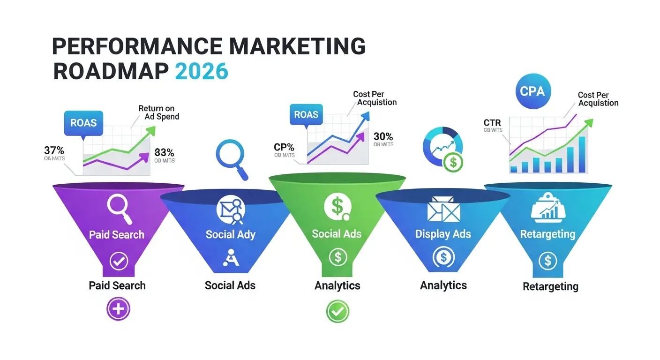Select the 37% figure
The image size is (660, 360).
pos(54,150)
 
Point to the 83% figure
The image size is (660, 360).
pos(164,152)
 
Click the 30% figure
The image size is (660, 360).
pos(383,136)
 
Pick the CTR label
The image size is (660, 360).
pos(492,123)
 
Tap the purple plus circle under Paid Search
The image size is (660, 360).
pos(118,309)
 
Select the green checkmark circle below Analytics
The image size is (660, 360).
pos(337,311)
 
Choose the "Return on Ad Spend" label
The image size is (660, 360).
pos(158,112)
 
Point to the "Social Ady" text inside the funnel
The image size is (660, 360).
pos(230,234)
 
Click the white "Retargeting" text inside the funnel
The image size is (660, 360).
pos(547,234)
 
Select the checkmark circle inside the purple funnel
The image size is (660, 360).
pos(118,261)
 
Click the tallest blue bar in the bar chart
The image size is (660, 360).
pos(582,155)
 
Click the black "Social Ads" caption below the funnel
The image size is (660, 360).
pos(230,285)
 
